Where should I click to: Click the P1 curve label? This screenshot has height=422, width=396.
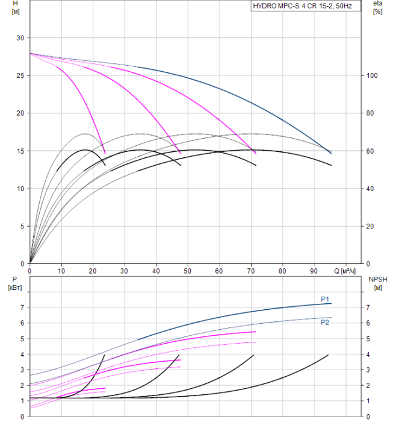(324, 299)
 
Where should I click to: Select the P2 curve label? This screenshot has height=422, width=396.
(324, 322)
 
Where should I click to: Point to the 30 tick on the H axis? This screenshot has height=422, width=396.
(20, 38)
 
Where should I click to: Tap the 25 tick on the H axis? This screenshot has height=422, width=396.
(20, 75)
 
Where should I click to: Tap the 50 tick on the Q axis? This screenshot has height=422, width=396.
(188, 271)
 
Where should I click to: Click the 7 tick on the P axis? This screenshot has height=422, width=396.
(22, 307)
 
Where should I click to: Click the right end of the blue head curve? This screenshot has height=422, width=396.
(331, 153)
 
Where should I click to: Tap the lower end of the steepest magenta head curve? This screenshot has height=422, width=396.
(105, 153)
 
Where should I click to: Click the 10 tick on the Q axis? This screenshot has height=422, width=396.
(61, 271)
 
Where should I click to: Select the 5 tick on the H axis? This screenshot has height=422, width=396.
(22, 226)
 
